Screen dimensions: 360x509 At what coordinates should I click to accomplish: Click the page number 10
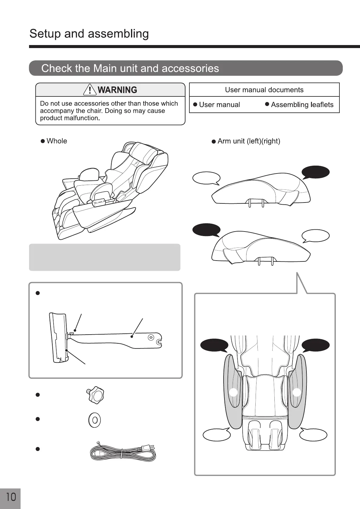(x=11, y=497)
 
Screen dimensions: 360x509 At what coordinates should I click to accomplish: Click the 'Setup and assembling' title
(x=89, y=34)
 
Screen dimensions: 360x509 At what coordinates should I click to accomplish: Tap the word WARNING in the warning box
(x=117, y=90)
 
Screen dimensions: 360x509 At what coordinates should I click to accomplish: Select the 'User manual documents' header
(x=264, y=90)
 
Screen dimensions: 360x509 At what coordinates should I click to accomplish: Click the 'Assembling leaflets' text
(x=302, y=105)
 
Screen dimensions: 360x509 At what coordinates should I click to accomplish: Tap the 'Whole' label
(x=57, y=141)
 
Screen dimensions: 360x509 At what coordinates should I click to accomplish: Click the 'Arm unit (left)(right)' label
(x=249, y=141)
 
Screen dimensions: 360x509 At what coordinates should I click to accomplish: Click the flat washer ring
(x=95, y=420)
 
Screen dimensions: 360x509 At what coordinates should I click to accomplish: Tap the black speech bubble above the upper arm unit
(x=316, y=172)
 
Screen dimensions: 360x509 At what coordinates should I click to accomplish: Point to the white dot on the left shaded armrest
(x=233, y=392)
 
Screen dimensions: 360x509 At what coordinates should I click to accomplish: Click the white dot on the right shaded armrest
(x=297, y=392)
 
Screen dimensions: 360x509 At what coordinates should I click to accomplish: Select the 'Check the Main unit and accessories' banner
(x=186, y=68)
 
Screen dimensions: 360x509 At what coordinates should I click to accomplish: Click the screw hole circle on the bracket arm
(x=150, y=337)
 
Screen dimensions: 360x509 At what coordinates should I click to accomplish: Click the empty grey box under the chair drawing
(x=105, y=257)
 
